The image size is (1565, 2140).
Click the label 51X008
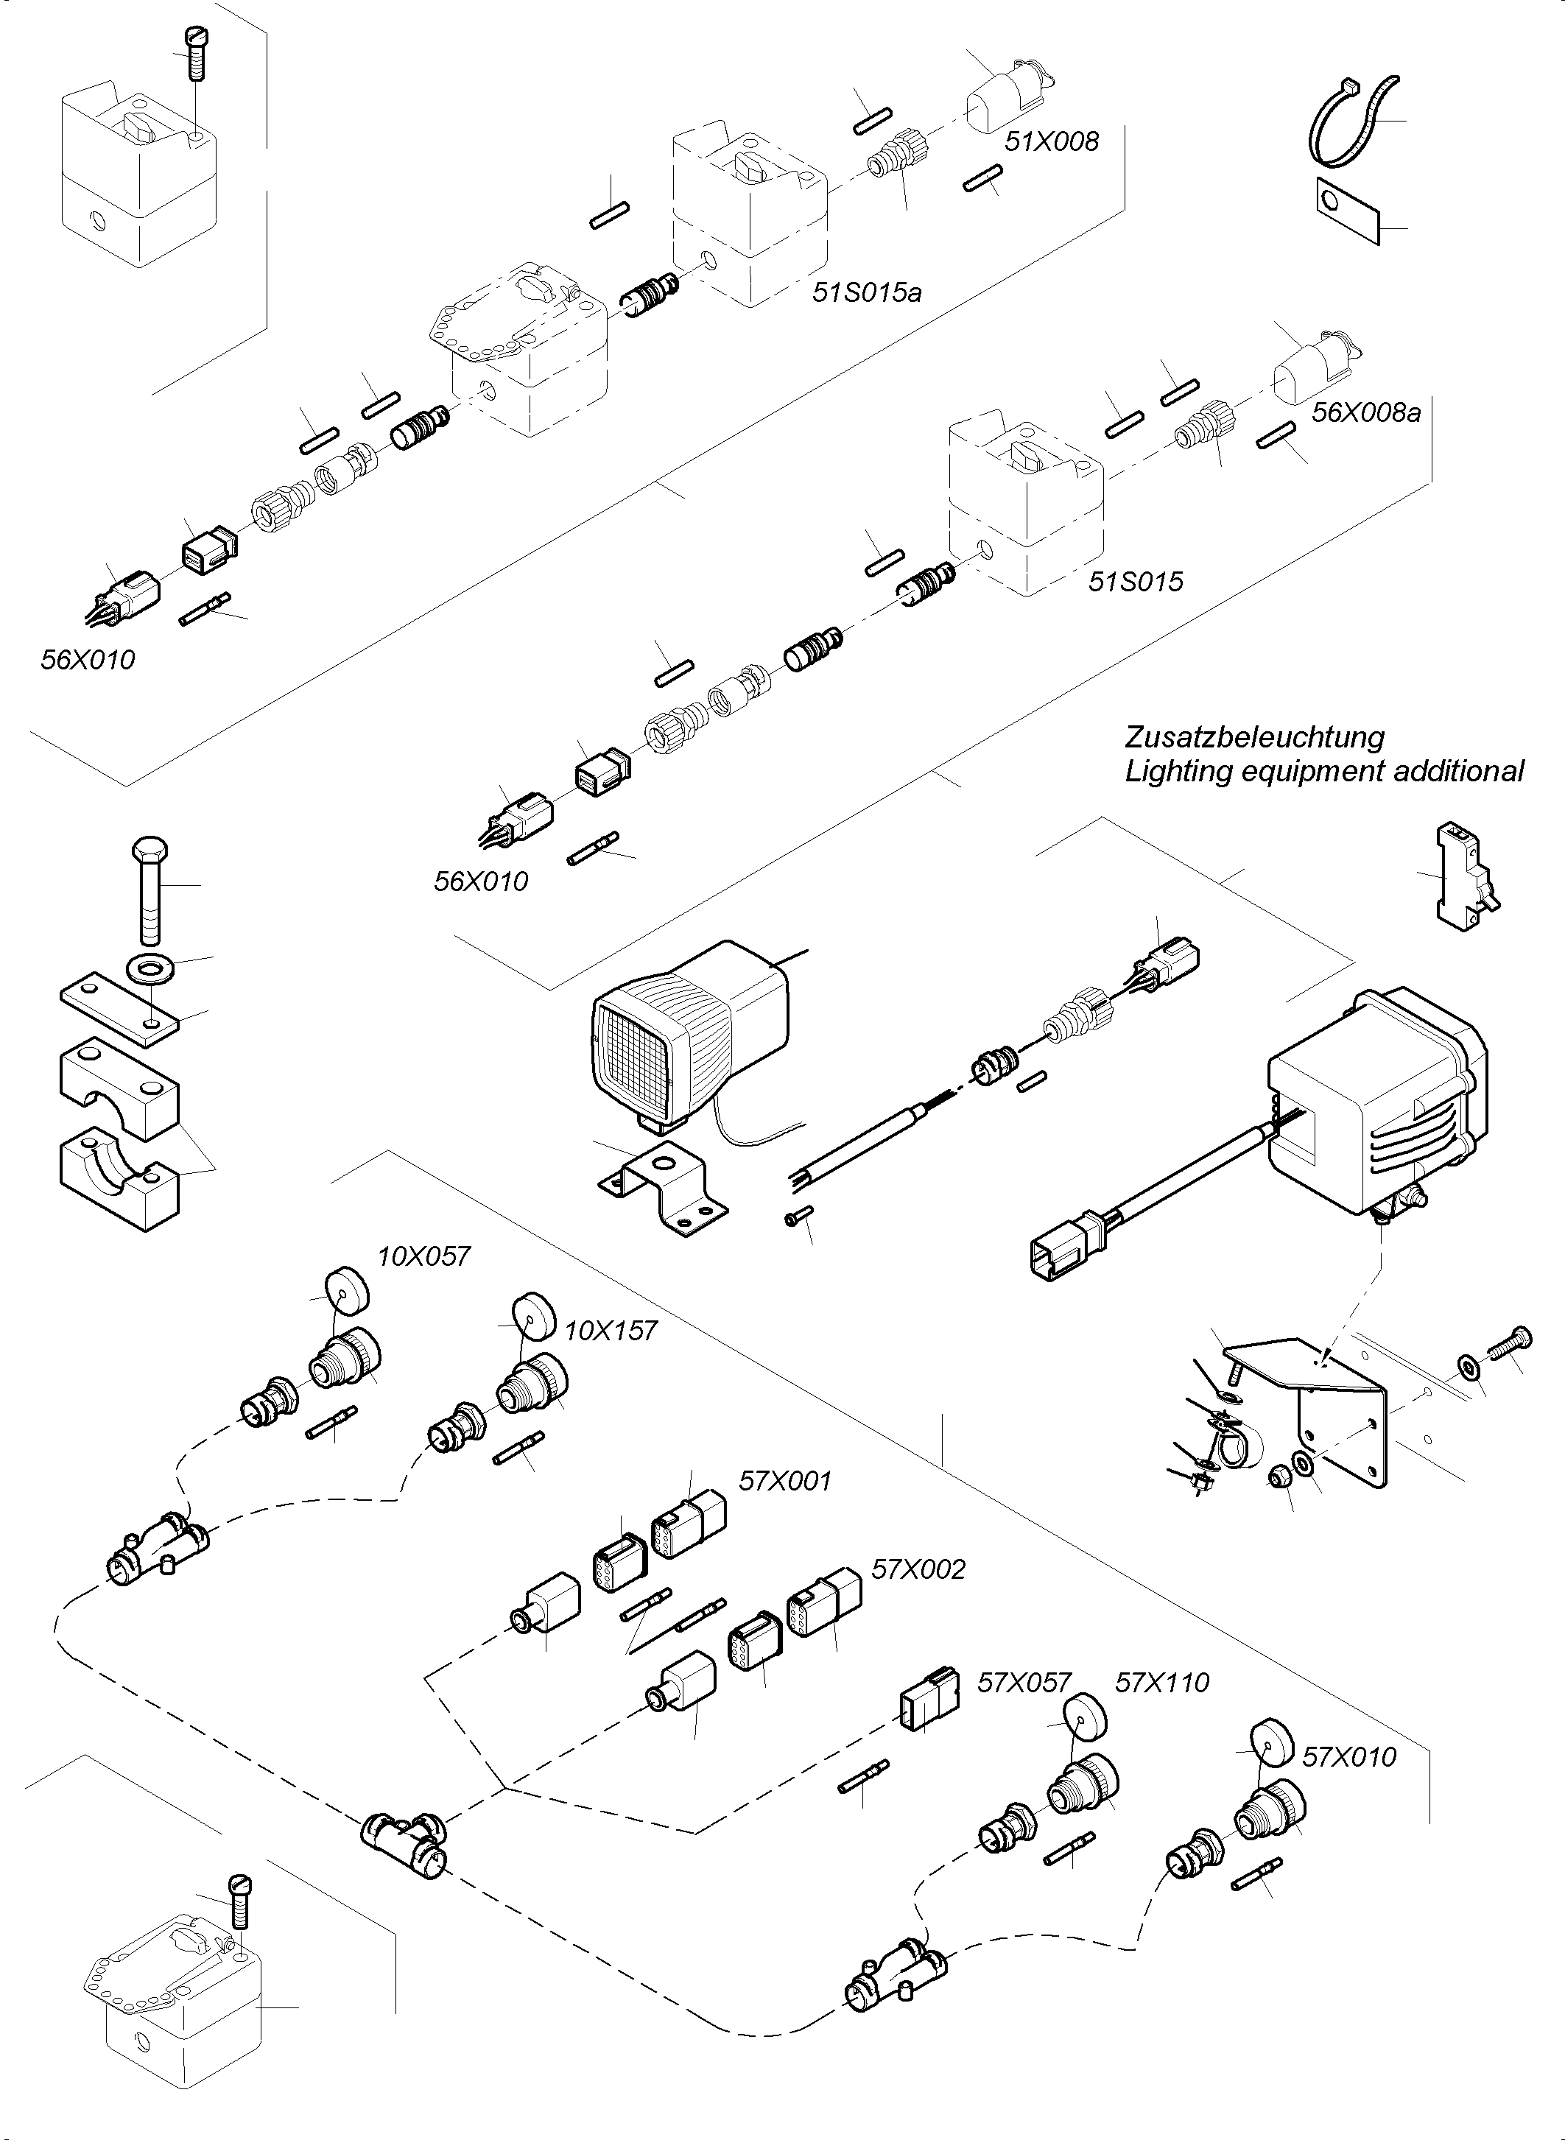pos(1052,142)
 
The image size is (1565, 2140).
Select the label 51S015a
pos(866,293)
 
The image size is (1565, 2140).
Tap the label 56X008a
pos(1366,413)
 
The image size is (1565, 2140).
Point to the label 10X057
pos(423,1257)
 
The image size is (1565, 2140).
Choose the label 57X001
pos(784,1481)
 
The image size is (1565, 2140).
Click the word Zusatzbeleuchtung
pos(1254,737)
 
